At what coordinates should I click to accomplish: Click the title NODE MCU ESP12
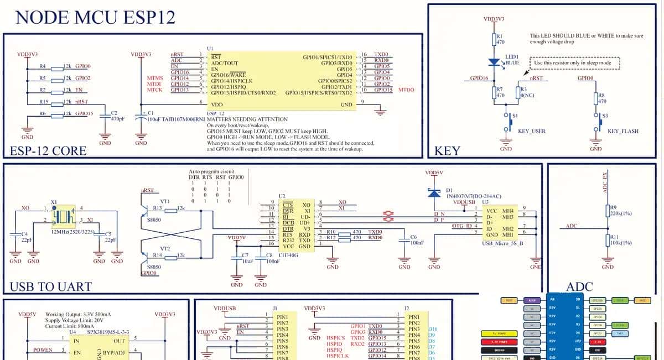(95, 17)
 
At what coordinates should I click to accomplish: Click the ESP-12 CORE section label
(48, 151)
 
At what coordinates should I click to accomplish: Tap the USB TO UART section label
(51, 286)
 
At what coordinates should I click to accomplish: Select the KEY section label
(448, 151)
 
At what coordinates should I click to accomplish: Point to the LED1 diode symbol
(495, 63)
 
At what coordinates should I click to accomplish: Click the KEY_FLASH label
(622, 132)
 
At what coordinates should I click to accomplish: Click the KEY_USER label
(531, 132)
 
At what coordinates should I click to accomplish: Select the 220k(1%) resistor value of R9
(621, 213)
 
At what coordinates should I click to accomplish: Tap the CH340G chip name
(289, 255)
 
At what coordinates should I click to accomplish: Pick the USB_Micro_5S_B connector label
(502, 243)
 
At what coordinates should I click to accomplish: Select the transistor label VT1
(164, 201)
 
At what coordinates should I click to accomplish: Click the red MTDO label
(406, 90)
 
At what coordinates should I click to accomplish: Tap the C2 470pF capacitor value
(117, 119)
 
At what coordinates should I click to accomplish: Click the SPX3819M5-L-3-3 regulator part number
(108, 332)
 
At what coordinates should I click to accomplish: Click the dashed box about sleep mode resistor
(575, 62)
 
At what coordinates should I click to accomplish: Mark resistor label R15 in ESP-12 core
(44, 102)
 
